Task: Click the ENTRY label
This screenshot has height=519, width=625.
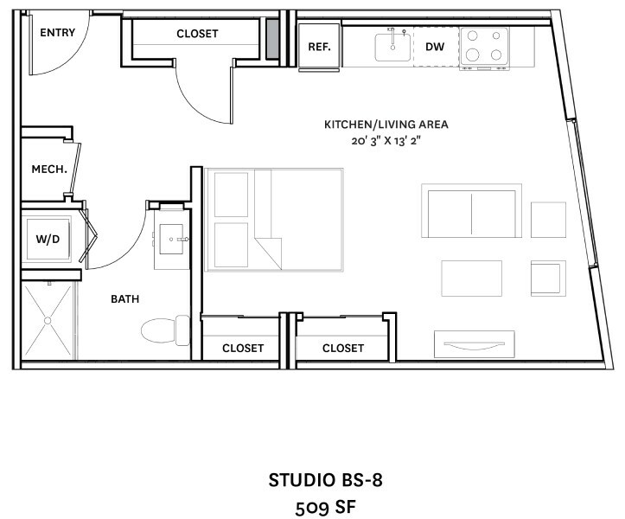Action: pos(57,32)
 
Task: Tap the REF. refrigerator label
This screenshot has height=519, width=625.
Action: pos(319,47)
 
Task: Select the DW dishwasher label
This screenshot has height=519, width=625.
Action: pos(435,47)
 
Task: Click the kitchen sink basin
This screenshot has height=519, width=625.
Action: pos(392,48)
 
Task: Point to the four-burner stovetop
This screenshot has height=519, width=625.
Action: pos(484,46)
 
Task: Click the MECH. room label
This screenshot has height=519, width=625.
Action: pos(49,170)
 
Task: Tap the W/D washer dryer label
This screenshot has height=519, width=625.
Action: pos(48,239)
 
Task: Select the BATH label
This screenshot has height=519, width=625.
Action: pos(124,298)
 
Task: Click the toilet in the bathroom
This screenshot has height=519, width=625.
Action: pos(165,330)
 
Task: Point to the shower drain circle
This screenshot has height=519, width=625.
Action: pos(48,320)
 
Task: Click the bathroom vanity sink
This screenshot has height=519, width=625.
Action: pos(172,239)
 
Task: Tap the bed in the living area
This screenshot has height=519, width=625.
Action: pos(274,220)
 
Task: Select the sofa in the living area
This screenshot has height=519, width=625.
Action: pos(471,211)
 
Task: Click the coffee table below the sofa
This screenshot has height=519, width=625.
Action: pos(471,279)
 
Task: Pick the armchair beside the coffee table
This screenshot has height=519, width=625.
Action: pos(548,279)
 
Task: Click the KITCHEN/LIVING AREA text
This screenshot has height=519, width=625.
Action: pos(386,125)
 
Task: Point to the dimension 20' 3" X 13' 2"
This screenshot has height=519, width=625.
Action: pos(386,141)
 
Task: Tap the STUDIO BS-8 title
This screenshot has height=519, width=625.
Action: pos(325,480)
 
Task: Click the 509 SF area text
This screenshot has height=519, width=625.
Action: pos(325,508)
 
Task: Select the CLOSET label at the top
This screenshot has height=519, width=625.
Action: pos(197,34)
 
